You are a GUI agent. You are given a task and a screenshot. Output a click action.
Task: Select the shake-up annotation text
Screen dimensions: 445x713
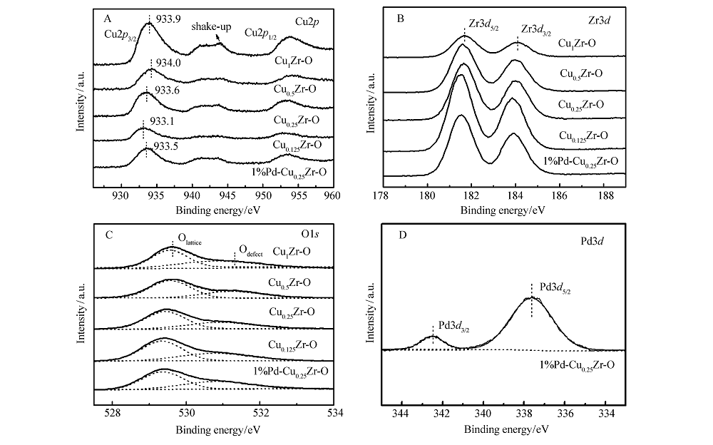pyautogui.click(x=210, y=26)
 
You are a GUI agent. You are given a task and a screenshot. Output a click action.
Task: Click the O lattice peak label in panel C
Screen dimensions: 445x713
pyautogui.click(x=188, y=242)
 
